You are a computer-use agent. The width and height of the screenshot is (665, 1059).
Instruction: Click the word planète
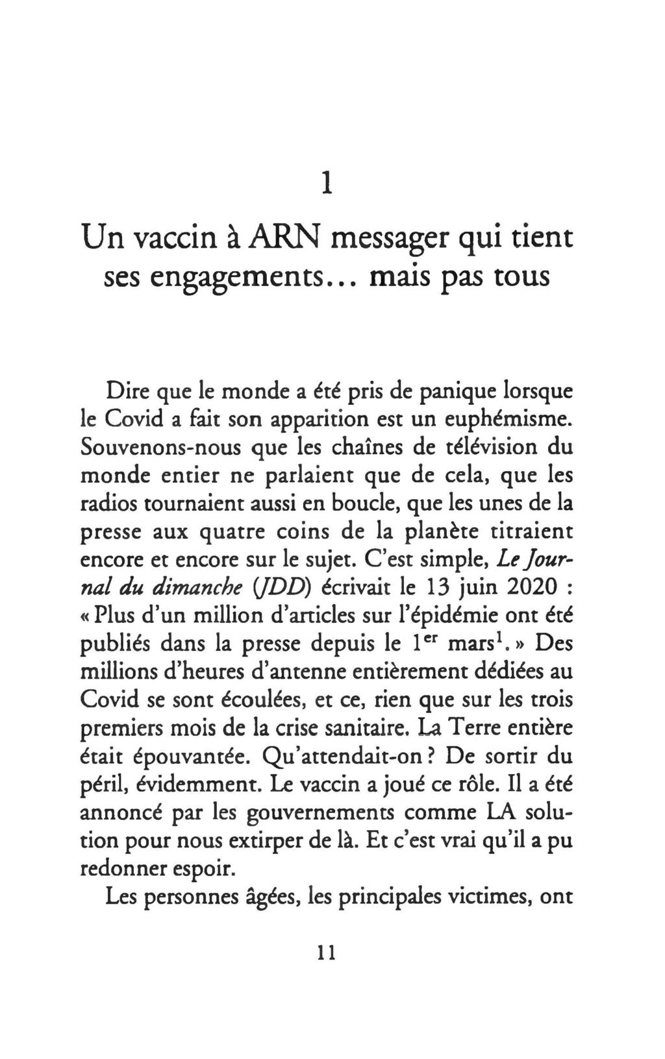click(442, 532)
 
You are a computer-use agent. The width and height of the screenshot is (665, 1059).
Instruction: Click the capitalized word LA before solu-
click(501, 812)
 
